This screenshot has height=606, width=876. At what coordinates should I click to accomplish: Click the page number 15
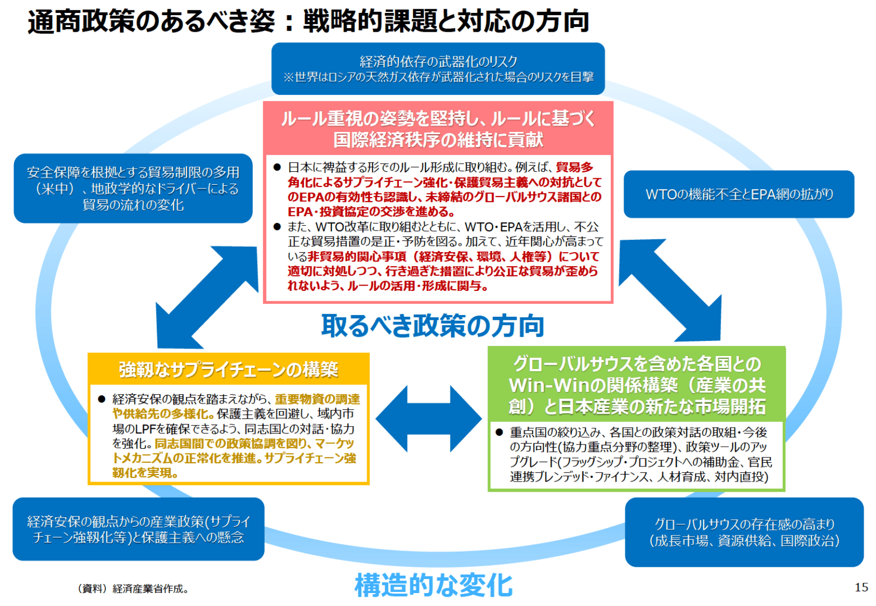861,587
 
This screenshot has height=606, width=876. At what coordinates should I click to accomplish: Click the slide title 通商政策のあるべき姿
151,22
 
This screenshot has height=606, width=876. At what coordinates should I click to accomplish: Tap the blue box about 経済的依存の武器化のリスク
438,69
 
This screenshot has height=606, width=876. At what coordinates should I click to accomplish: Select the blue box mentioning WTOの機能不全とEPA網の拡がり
739,194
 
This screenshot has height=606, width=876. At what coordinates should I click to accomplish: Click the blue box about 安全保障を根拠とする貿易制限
133,189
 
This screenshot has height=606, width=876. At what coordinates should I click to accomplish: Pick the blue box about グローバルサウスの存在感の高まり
744,532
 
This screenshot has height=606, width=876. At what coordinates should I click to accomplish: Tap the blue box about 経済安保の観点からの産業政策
138,529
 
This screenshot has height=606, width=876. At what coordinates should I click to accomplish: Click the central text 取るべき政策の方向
432,326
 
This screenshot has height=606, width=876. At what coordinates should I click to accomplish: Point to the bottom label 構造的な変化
433,586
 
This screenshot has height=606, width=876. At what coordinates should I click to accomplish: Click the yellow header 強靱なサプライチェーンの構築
229,370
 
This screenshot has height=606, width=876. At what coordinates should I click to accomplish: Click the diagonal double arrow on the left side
207,298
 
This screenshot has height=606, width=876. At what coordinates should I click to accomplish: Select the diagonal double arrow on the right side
670,291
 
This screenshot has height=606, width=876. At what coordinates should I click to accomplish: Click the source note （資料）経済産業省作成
133,589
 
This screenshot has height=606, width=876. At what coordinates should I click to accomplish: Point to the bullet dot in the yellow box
101,399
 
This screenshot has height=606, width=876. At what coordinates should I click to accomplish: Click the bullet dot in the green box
499,432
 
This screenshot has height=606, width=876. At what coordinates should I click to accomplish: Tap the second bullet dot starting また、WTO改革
277,227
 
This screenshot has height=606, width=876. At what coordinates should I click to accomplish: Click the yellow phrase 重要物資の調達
317,399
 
